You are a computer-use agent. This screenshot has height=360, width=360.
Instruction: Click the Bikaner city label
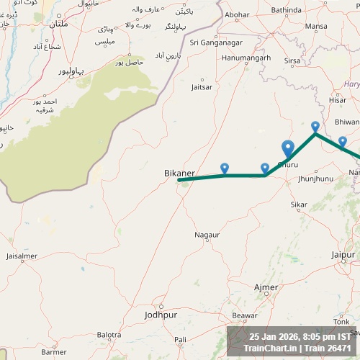180,173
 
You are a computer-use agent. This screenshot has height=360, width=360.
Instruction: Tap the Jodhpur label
160,315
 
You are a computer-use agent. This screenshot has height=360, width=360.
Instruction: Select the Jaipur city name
343,255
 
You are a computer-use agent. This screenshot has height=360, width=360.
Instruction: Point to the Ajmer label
266,287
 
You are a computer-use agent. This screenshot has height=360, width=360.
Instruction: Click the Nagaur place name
207,235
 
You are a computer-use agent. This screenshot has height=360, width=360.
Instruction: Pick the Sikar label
298,204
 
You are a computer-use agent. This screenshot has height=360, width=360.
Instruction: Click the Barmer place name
54,351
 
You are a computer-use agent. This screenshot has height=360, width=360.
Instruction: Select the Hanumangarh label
246,58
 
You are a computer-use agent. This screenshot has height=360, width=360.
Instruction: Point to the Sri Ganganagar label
214,42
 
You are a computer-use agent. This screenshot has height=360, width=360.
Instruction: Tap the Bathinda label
287,10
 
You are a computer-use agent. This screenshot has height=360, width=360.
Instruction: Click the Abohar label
237,14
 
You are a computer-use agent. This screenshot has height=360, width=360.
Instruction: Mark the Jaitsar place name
202,86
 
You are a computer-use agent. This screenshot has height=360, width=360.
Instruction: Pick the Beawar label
245,315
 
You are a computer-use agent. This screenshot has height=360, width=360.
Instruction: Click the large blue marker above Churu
288,148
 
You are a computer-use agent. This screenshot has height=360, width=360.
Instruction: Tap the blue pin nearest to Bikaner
225,168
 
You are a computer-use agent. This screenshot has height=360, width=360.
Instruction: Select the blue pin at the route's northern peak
315,127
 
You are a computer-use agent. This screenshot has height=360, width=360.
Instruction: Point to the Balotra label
109,335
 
